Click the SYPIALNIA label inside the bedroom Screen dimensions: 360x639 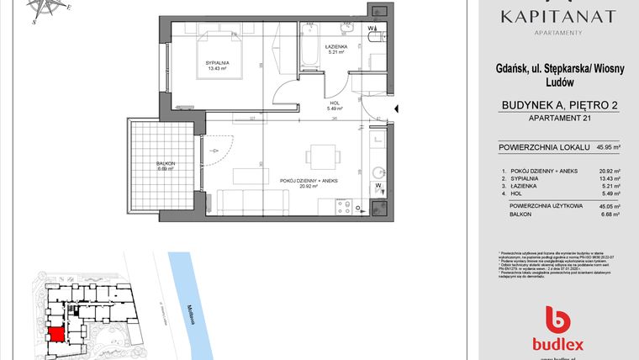(217, 63)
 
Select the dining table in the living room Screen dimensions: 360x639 (321, 157)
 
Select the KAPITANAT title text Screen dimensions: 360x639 (557, 16)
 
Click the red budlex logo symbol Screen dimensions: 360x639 (557, 319)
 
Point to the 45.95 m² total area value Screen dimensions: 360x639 (608, 146)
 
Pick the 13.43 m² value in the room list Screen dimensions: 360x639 (608, 179)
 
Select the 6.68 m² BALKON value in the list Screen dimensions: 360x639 (608, 214)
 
